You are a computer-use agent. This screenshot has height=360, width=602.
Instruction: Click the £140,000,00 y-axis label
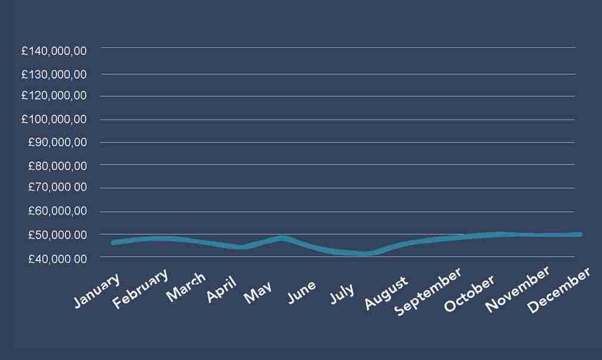click(x=54, y=51)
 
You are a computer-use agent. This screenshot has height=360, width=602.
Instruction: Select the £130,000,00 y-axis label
click(x=54, y=75)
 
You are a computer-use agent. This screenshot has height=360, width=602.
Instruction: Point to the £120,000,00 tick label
click(x=54, y=95)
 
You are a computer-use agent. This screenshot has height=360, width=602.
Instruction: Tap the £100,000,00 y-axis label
click(x=54, y=119)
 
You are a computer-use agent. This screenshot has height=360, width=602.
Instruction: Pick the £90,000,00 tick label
click(x=57, y=142)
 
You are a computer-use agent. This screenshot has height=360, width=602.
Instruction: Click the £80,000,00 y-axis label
click(x=57, y=165)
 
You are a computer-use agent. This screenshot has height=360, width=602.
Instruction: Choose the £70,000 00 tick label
click(x=57, y=188)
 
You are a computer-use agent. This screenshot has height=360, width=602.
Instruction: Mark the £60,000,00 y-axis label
click(x=57, y=211)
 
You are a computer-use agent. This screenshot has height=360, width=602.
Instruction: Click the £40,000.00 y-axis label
click(x=57, y=258)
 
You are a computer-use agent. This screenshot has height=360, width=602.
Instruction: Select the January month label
click(x=97, y=290)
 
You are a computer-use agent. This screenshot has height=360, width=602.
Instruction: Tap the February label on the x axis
click(x=141, y=288)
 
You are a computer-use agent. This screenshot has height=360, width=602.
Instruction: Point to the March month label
click(x=185, y=286)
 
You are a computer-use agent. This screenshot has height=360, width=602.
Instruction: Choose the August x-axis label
click(x=386, y=293)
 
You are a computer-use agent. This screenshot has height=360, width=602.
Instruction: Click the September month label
click(x=428, y=291)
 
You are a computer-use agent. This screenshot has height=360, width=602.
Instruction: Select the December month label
click(x=558, y=290)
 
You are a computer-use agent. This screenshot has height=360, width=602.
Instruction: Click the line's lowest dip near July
click(x=364, y=253)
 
